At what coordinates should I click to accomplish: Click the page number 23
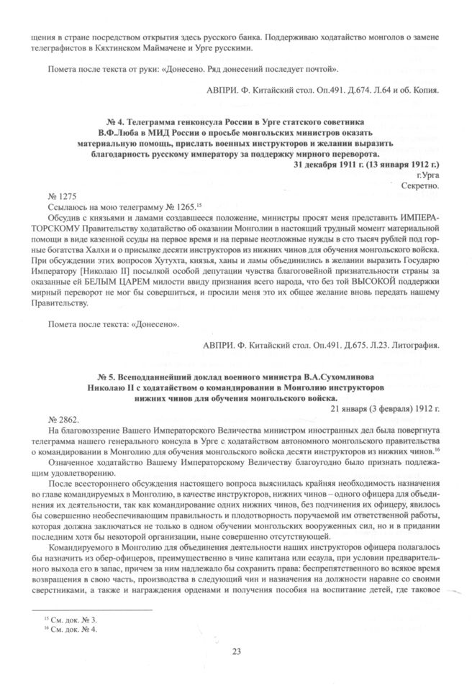(236, 651)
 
